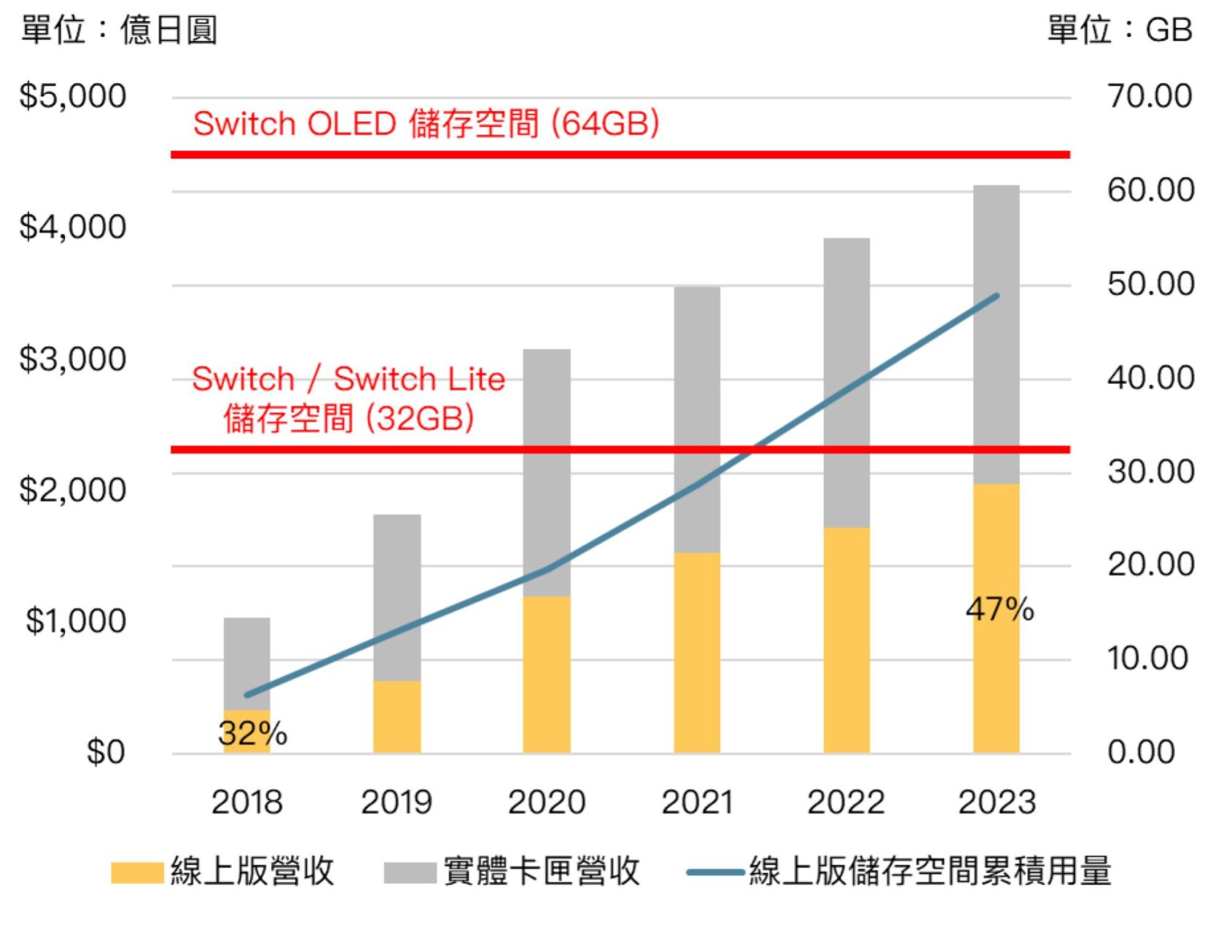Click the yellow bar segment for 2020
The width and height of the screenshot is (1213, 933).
546,674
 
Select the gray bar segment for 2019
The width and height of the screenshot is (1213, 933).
397,598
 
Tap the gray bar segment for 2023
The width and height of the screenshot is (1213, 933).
996,335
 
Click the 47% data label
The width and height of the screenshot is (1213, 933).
999,609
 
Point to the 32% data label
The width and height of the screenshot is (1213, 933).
252,733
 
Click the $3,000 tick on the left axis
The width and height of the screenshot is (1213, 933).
72,359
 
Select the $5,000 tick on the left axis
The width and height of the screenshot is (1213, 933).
72,96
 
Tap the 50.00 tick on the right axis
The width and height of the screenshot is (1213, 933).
1150,284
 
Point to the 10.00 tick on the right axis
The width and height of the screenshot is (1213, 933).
1147,659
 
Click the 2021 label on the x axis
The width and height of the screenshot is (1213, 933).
696,803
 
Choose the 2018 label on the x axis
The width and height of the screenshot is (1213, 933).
246,803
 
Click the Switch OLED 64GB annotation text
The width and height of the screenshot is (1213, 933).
426,123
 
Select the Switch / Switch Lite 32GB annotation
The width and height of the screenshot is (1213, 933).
348,398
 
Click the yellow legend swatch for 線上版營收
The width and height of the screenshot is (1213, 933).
137,872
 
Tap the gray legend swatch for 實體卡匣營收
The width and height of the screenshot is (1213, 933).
410,872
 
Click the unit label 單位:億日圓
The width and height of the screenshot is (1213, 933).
119,31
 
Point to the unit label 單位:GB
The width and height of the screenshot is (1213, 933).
1119,31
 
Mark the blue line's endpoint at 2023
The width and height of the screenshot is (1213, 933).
996,296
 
